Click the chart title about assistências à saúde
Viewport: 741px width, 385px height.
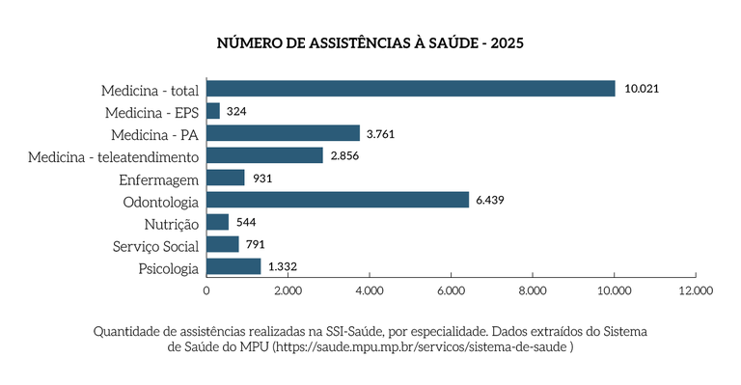[370, 43]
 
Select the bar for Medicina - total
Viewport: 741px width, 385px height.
[411, 89]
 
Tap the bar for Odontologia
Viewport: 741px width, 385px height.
[338, 200]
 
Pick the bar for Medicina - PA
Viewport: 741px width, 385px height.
[283, 133]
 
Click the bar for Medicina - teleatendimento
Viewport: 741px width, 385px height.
[264, 155]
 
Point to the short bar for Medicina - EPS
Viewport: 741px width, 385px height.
[213, 111]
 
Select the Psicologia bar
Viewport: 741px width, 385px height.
[233, 266]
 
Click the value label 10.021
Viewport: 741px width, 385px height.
[641, 89]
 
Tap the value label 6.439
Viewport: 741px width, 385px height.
[490, 200]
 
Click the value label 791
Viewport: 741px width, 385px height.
[255, 244]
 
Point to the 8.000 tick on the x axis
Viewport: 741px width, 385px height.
[533, 289]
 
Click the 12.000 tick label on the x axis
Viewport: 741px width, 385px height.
[695, 289]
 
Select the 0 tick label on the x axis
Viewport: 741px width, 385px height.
[206, 289]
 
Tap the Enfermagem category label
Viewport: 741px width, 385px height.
[159, 179]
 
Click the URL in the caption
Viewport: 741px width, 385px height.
[424, 346]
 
